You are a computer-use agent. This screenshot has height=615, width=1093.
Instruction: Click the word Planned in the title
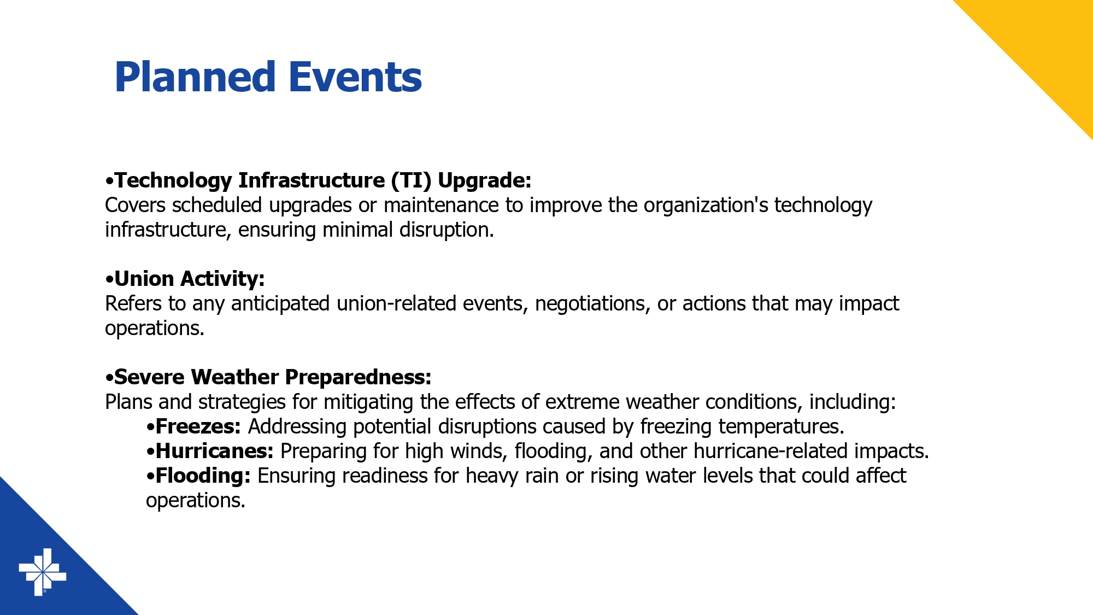point(195,77)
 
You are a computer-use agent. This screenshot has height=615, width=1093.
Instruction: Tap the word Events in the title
point(355,77)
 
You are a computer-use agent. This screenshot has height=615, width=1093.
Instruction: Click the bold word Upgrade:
point(485,181)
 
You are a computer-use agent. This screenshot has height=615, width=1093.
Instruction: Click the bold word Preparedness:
point(359,378)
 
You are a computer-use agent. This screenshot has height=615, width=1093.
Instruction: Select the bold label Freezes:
point(198,426)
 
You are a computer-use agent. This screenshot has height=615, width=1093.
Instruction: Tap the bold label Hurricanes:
point(215,451)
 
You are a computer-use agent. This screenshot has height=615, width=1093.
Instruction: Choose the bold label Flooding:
point(203,476)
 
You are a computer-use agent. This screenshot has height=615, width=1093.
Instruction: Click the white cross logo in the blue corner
point(43,572)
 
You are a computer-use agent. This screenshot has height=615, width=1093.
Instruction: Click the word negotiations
point(593,304)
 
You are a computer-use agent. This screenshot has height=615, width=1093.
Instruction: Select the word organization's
point(706,206)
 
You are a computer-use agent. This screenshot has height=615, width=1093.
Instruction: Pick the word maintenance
point(441,205)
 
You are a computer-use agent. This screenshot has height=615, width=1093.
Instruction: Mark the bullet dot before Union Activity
point(109,280)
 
